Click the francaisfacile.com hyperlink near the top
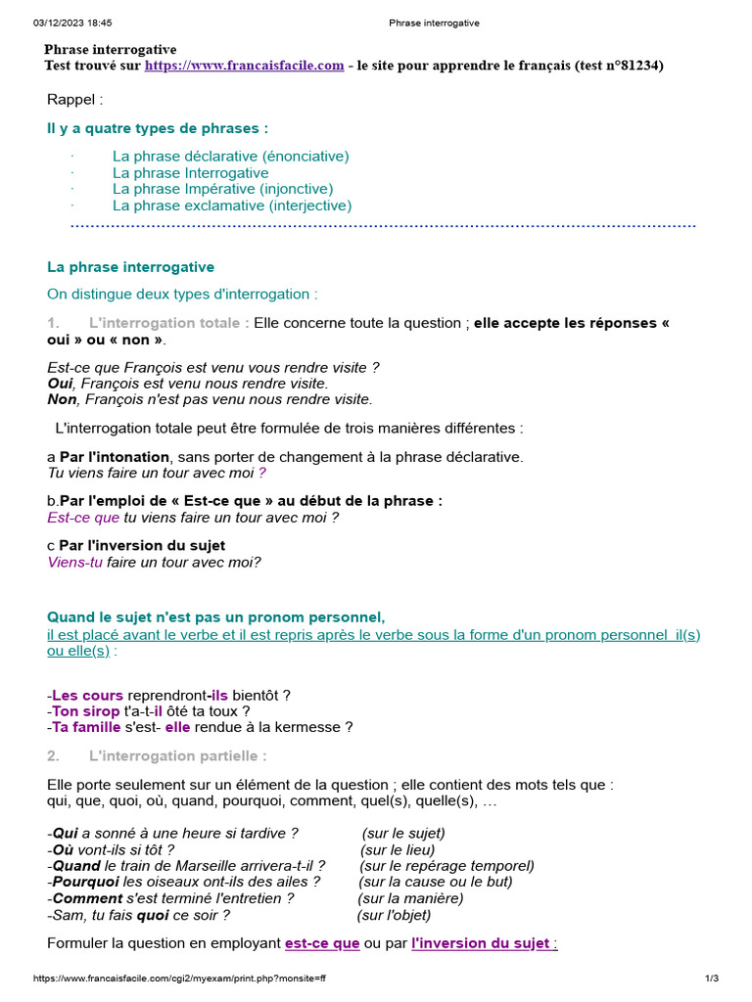point(244,66)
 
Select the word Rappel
point(74,99)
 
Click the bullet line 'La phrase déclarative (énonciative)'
point(230,157)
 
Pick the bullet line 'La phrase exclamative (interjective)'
point(231,205)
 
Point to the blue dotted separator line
point(383,226)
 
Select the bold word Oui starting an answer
point(61,384)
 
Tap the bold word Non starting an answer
point(62,399)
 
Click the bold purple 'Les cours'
point(88,696)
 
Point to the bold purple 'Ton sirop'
point(86,711)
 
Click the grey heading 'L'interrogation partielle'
point(176,756)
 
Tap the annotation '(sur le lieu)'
point(398,849)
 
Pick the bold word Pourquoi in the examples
point(86,882)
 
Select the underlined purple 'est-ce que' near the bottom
point(322,943)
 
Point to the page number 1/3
point(711,979)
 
